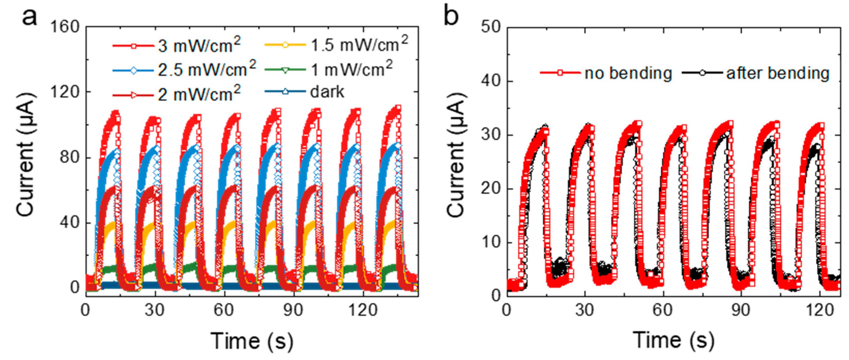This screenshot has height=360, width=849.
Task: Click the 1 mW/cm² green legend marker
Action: pyautogui.click(x=285, y=70)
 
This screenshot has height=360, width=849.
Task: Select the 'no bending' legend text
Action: pyautogui.click(x=628, y=73)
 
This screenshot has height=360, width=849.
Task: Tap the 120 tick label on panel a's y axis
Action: pyautogui.click(x=65, y=92)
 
